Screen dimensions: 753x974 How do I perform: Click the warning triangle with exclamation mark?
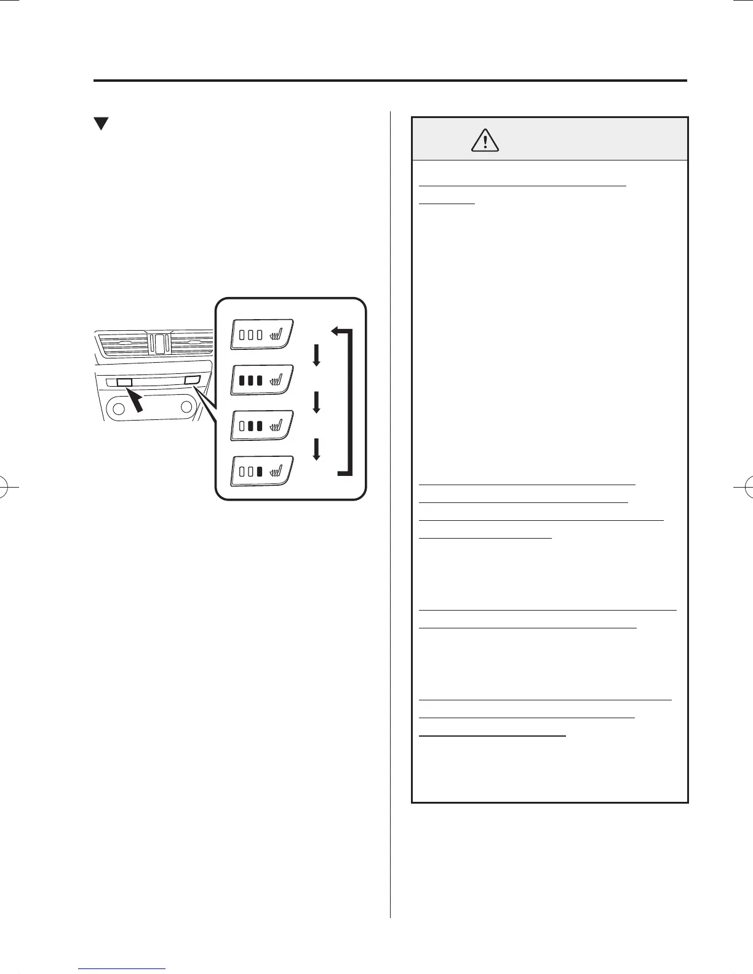pyautogui.click(x=485, y=141)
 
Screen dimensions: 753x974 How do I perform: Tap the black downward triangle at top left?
pyautogui.click(x=101, y=124)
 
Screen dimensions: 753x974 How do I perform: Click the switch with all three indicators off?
pyautogui.click(x=263, y=335)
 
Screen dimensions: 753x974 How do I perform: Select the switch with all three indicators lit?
pyautogui.click(x=263, y=380)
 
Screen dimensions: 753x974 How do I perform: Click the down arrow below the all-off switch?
pyautogui.click(x=317, y=356)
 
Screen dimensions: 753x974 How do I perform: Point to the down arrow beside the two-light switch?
pyautogui.click(x=317, y=403)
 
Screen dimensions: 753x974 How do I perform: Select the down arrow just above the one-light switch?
pyautogui.click(x=317, y=449)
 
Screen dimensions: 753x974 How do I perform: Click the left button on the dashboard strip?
pyautogui.click(x=124, y=382)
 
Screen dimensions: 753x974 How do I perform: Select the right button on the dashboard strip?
pyautogui.click(x=193, y=381)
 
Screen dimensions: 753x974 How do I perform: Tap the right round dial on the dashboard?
pyautogui.click(x=186, y=407)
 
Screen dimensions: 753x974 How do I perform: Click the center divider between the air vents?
pyautogui.click(x=159, y=343)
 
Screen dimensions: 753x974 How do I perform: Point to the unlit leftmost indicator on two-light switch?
pyautogui.click(x=242, y=426)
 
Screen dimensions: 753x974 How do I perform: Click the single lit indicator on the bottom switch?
pyautogui.click(x=260, y=472)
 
